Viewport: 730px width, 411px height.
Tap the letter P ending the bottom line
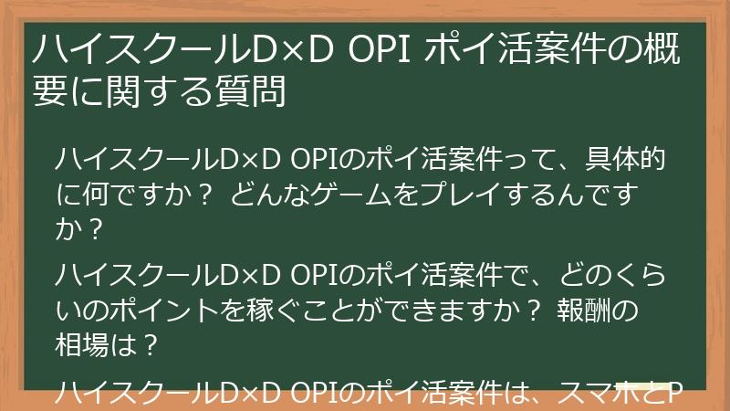click(676, 395)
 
